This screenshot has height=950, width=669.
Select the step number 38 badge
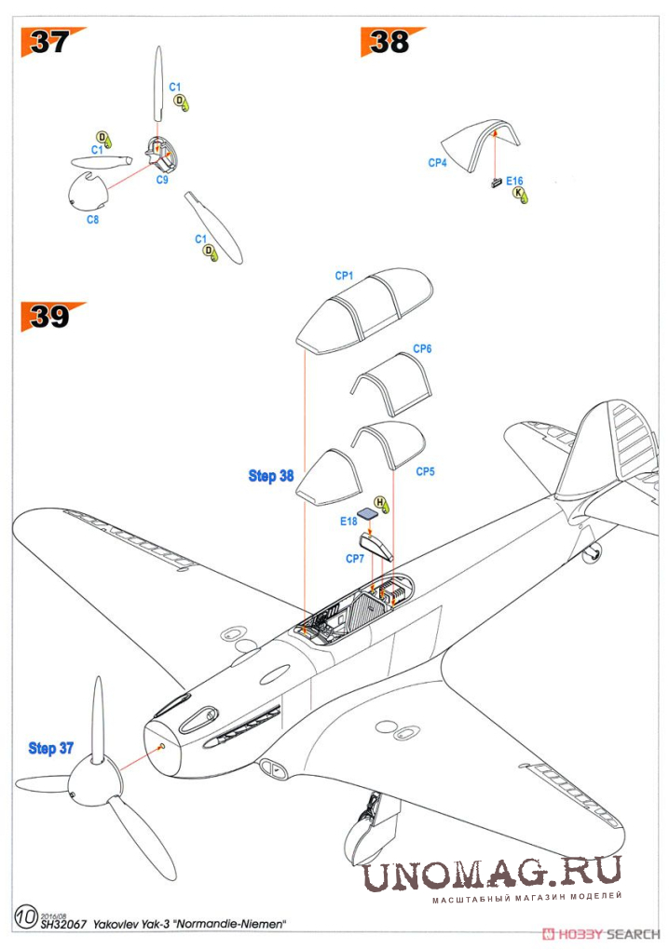(x=389, y=42)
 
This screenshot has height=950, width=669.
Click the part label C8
(x=92, y=220)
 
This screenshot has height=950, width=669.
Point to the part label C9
(x=161, y=180)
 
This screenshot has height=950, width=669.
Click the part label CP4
(x=437, y=163)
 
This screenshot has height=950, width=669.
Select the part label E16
(x=515, y=181)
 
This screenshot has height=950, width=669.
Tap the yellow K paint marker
(x=520, y=194)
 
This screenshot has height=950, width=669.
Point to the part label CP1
(x=344, y=277)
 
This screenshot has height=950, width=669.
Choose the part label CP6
(x=422, y=348)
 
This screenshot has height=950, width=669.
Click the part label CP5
(x=425, y=472)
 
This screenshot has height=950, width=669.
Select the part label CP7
(x=354, y=559)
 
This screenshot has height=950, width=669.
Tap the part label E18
(x=348, y=522)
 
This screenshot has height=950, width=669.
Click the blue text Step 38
(x=270, y=476)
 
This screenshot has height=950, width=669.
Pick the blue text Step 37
(x=51, y=748)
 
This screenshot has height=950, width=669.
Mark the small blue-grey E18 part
(x=369, y=513)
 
